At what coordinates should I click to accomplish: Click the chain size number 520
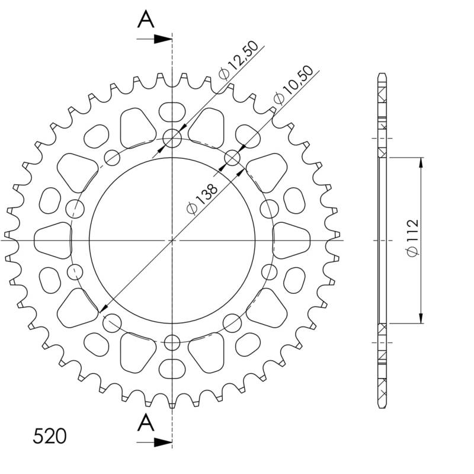tap(50, 437)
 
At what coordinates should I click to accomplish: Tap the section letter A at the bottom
tap(146, 422)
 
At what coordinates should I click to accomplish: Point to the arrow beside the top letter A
tap(155, 39)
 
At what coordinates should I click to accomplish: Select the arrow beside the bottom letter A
tap(155, 442)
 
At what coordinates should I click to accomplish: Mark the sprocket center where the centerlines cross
tap(172, 240)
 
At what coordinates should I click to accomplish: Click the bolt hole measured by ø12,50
tap(172, 139)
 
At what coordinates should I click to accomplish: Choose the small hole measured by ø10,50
tap(233, 158)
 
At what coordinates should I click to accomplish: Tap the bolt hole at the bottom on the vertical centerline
tap(172, 342)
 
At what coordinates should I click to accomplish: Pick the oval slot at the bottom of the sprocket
tap(172, 368)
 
